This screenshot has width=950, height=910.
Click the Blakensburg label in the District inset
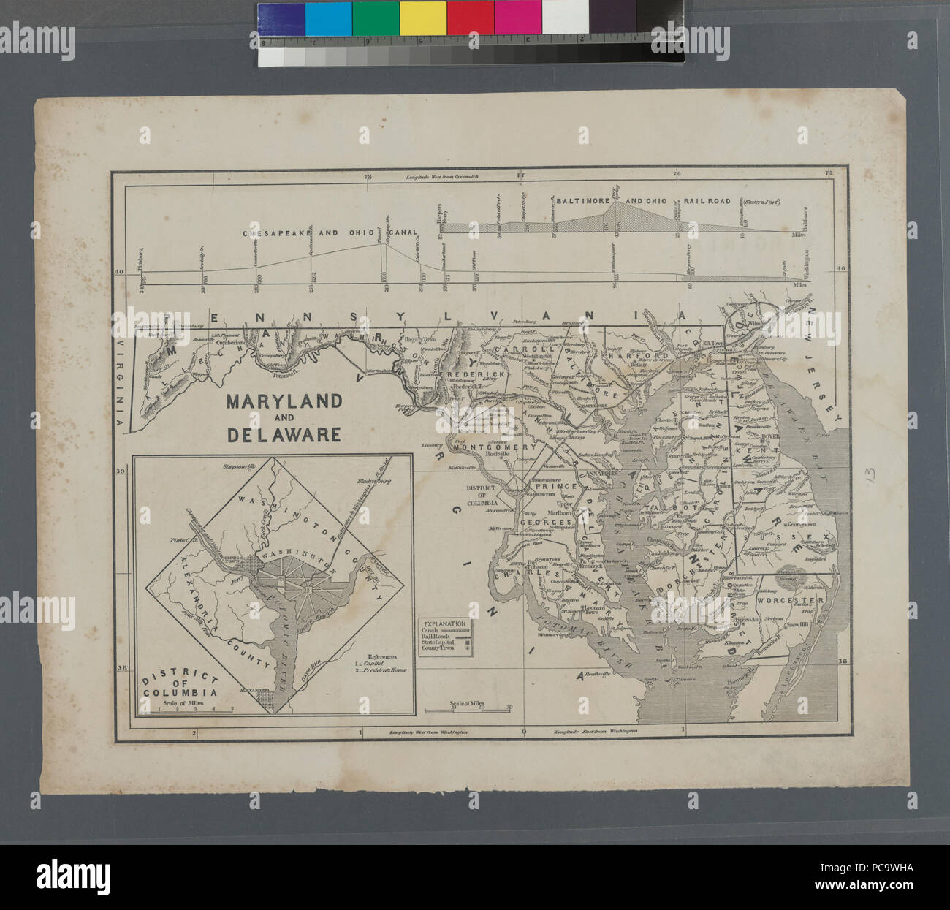point(375,481)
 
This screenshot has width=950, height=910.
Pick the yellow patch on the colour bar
point(422,19)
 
